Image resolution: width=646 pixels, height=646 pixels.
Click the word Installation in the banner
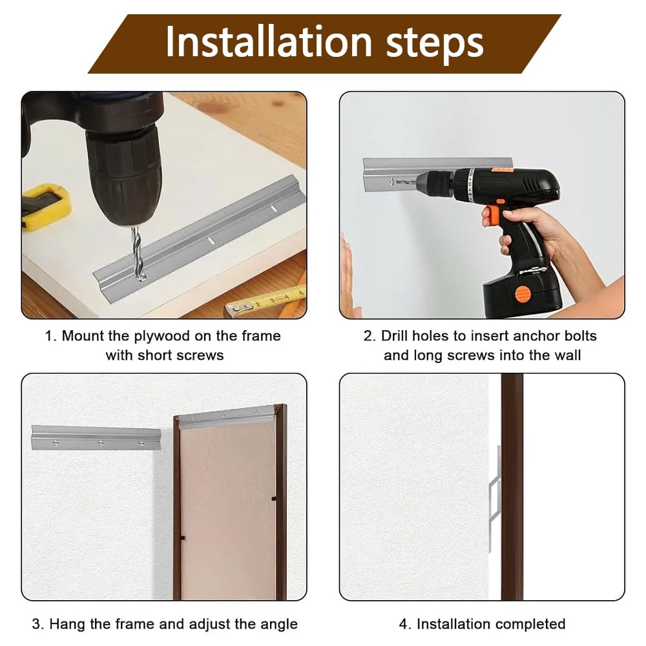tap(269, 42)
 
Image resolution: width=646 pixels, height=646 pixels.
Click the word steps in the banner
tap(434, 45)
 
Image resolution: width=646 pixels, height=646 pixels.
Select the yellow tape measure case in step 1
tap(45, 206)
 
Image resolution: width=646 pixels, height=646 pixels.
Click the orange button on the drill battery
tap(523, 294)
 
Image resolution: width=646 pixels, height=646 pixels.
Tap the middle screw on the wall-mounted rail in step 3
tap(101, 443)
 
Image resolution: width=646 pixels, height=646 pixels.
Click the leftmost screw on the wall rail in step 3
tap(56, 443)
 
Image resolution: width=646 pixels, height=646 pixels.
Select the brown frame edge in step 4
tap(512, 486)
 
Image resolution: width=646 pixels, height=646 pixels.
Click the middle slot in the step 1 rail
tap(211, 241)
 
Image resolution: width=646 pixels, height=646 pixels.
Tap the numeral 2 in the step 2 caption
tap(368, 336)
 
